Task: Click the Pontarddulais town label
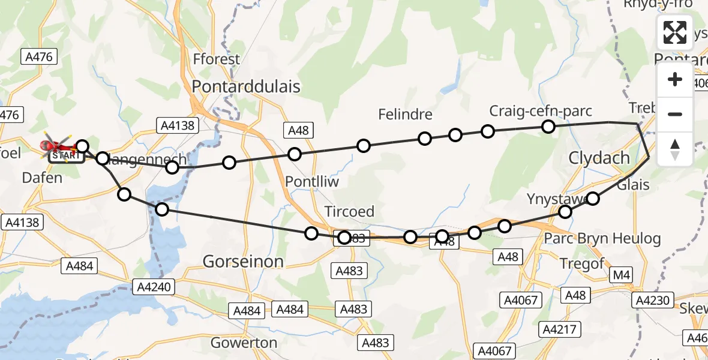click(246, 86)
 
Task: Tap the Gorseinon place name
click(243, 262)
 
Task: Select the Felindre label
click(405, 114)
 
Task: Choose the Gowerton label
click(244, 343)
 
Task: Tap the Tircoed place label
click(349, 212)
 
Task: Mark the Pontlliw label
click(312, 182)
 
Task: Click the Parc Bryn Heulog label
click(602, 239)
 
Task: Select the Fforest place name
click(217, 59)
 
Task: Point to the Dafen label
click(42, 178)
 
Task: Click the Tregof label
click(581, 264)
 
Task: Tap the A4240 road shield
click(154, 287)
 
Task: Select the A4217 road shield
click(559, 329)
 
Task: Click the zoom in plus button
click(675, 79)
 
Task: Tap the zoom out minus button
click(675, 114)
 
